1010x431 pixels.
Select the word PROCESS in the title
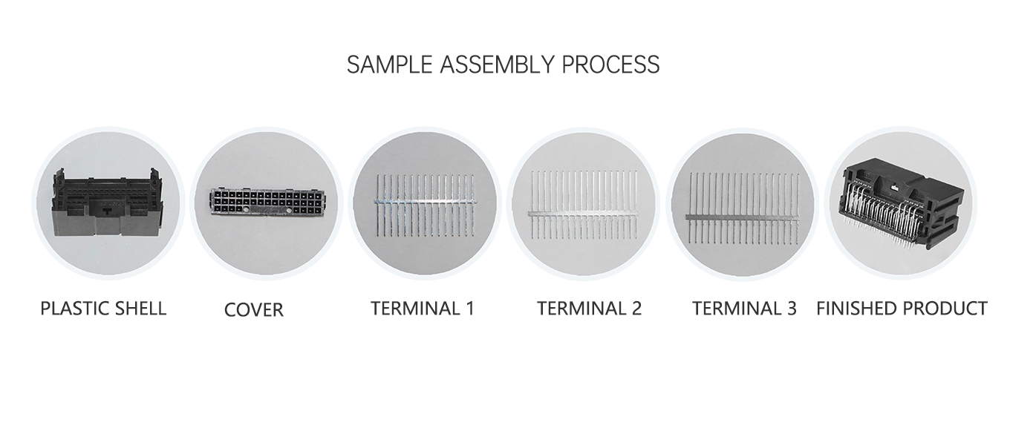point(610,65)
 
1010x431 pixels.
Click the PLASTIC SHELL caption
point(103,308)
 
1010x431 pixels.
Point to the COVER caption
point(254,309)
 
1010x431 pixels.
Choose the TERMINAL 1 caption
point(422,308)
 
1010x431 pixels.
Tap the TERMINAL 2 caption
point(589,308)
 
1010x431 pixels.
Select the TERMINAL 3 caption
point(744,308)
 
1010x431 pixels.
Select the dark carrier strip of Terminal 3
point(743,217)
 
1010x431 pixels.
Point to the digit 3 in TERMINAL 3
point(791,308)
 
